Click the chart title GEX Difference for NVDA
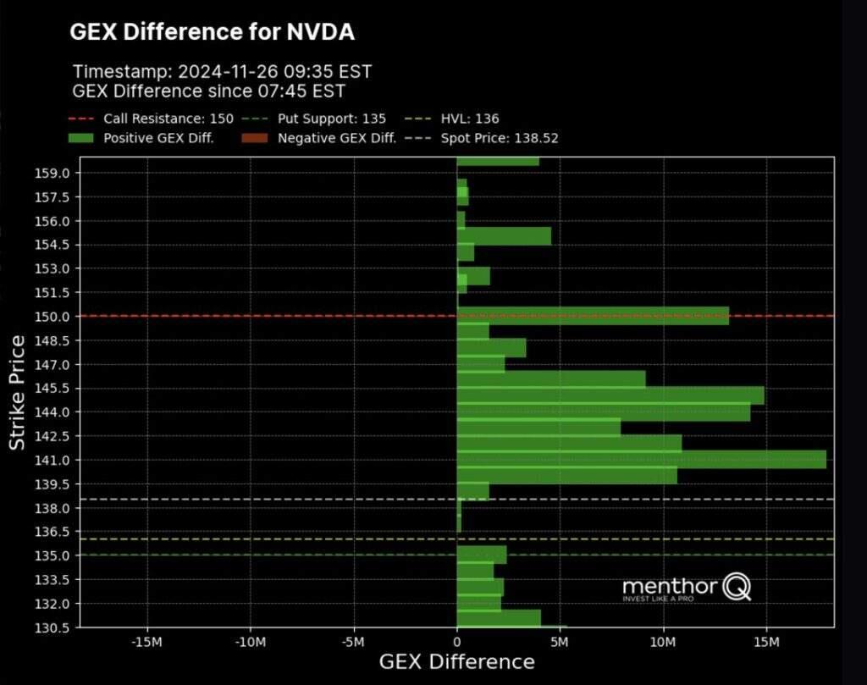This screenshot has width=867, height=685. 212,32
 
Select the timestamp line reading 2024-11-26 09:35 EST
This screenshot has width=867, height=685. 222,71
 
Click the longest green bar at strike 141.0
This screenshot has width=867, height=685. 641,459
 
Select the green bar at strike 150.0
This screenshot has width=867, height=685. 593,316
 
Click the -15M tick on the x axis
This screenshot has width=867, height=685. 147,642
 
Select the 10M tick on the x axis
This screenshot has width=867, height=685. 663,642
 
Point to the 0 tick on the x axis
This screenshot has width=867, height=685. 457,642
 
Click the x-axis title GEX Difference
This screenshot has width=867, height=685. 456,662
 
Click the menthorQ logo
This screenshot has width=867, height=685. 686,588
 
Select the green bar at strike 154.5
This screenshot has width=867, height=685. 504,236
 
